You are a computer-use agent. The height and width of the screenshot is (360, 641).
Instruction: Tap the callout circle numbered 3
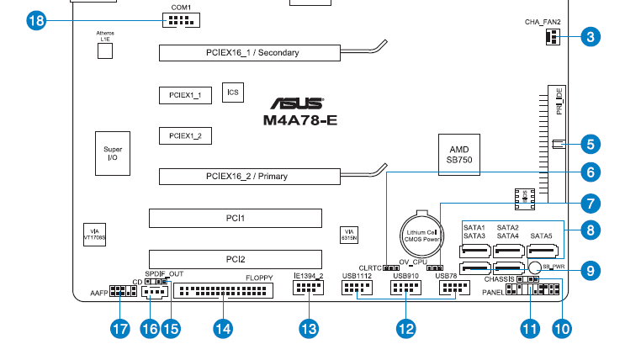coord(591,36)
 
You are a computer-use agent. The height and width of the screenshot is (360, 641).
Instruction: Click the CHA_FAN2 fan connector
coord(554,36)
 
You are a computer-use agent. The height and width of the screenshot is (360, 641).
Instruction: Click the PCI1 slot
coord(236,218)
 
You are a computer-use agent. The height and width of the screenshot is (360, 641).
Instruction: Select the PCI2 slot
coord(236,259)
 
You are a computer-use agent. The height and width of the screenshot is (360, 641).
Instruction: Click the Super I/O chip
coord(113,154)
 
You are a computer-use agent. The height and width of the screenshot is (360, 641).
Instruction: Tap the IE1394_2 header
coord(309,289)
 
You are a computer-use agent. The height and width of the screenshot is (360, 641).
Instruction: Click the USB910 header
coord(406,289)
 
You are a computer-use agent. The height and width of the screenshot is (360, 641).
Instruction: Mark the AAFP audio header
coord(118,293)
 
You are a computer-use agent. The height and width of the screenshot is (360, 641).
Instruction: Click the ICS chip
coord(232,93)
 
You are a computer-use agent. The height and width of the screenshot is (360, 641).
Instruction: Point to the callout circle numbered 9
coord(591,270)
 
